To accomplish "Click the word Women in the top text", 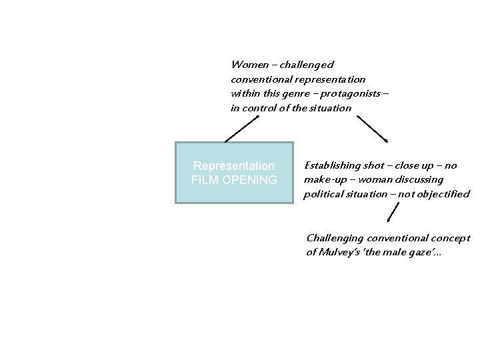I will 245,65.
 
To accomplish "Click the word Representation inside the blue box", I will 233,165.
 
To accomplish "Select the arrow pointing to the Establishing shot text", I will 372,128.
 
